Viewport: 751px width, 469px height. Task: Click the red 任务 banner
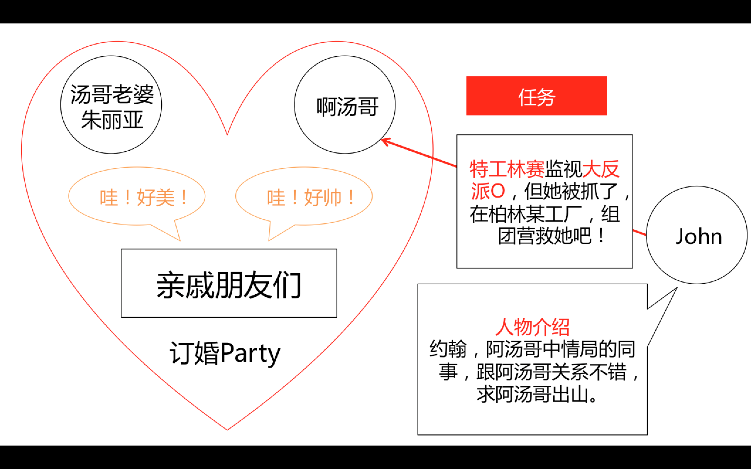click(537, 96)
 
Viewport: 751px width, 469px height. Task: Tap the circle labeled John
click(697, 235)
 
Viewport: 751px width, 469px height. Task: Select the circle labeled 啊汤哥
click(345, 105)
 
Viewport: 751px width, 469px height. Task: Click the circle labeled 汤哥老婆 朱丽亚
click(111, 105)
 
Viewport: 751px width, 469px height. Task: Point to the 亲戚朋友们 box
click(229, 283)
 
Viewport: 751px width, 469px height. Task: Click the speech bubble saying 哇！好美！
click(137, 197)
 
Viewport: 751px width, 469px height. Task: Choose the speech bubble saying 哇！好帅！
click(304, 197)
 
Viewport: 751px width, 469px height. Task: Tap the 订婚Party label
click(225, 353)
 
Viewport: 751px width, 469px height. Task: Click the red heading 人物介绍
click(532, 327)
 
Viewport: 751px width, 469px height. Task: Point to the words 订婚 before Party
click(194, 353)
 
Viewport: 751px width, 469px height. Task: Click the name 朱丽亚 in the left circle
click(112, 120)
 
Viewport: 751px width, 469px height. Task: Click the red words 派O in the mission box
click(488, 191)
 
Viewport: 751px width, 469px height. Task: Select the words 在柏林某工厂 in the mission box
click(526, 214)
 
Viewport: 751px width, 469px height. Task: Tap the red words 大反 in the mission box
click(601, 169)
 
